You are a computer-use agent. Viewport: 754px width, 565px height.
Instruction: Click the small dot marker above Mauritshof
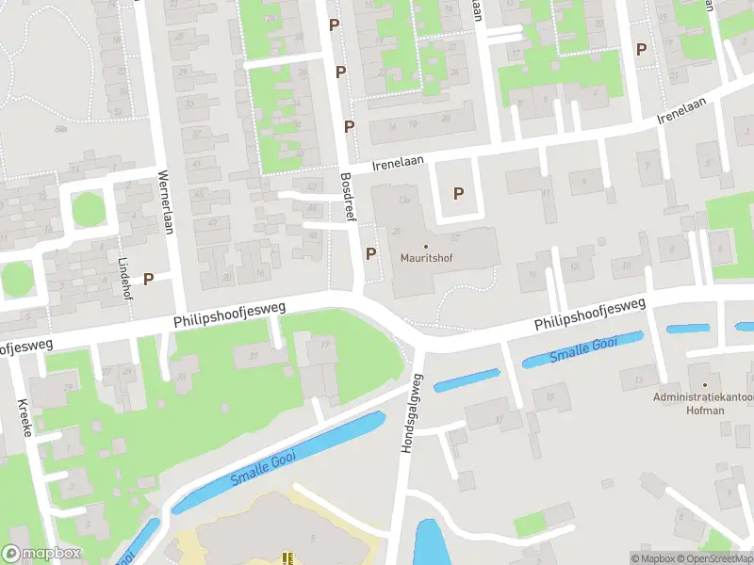click(425, 248)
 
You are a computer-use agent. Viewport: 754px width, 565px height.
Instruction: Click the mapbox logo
click(41, 554)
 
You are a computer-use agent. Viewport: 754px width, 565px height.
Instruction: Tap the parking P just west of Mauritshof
click(370, 253)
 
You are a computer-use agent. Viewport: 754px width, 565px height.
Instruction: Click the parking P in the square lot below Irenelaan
click(459, 194)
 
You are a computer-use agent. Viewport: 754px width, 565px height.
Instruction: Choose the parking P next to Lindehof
click(148, 279)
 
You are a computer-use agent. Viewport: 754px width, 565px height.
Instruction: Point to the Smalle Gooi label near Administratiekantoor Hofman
click(583, 350)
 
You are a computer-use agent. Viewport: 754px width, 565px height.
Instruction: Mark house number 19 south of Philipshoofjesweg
click(324, 345)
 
